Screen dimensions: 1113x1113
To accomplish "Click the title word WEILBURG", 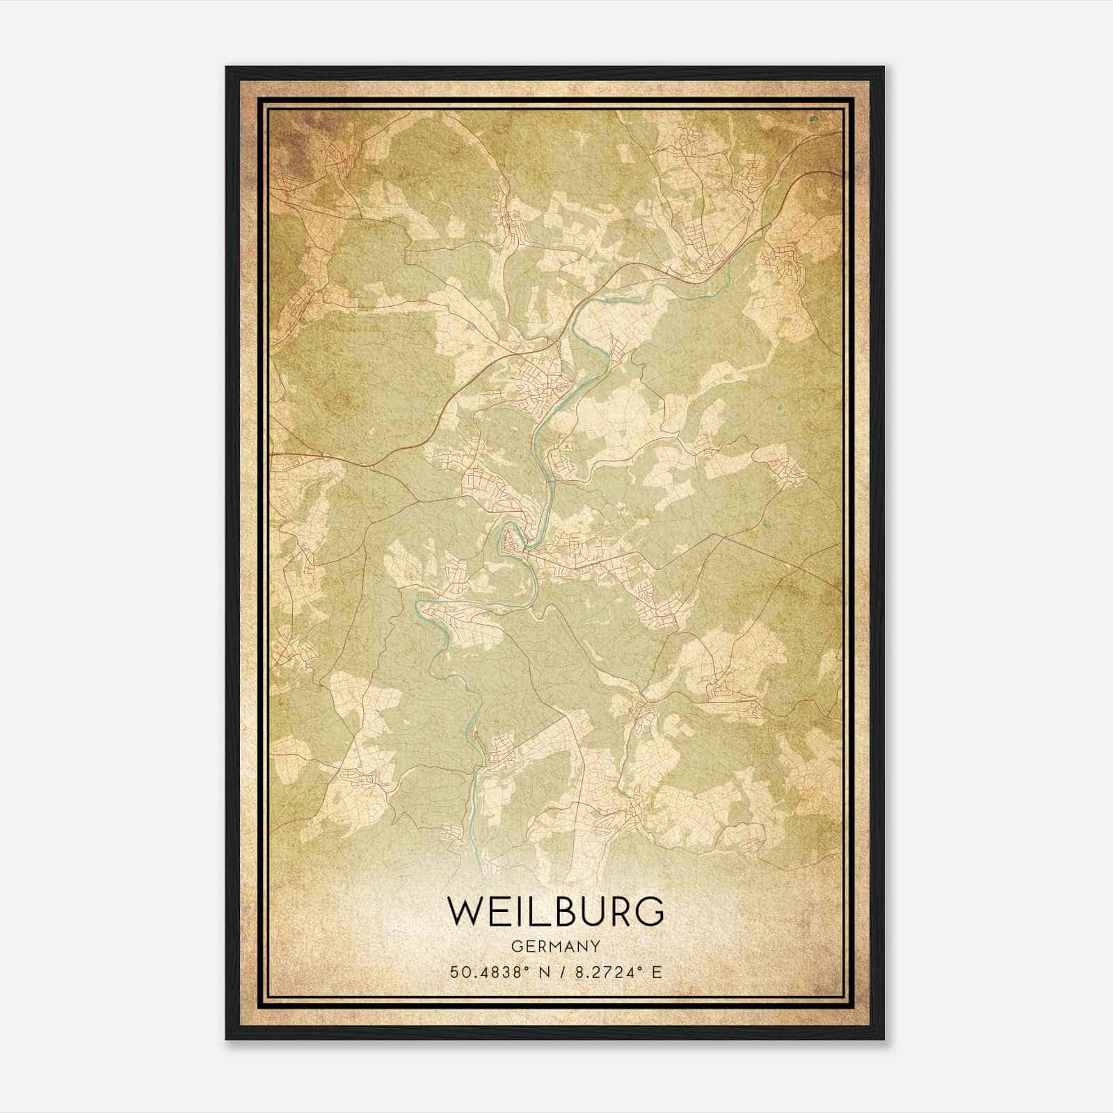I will point(555,911).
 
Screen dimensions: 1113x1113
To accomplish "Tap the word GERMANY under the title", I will point(555,947).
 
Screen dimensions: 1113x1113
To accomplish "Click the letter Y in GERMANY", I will point(595,947).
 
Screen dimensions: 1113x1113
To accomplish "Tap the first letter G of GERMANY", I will point(515,947).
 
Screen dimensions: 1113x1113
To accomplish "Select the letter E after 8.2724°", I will point(657,972).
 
